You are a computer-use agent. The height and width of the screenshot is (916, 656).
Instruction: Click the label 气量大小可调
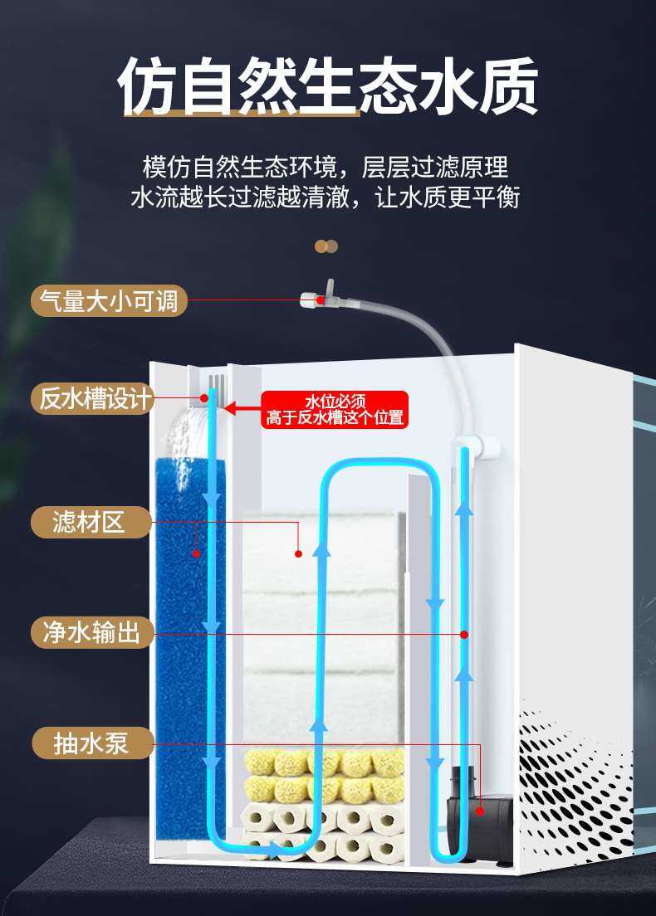pos(109,300)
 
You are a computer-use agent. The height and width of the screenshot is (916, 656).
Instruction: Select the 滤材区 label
pos(90,523)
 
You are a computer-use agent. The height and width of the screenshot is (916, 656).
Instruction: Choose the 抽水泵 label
pos(92,743)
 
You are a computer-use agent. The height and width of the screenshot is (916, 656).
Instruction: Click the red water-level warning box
pos(335,410)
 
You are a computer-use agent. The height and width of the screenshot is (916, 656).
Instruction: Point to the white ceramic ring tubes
pos(324,830)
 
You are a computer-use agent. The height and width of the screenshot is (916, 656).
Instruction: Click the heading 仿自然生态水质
pos(328,85)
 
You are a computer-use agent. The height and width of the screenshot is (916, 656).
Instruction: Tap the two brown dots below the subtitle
pos(326,246)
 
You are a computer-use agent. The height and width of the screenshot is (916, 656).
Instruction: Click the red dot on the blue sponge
pos(196,553)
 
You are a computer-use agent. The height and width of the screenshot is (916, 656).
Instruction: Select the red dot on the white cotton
pos(297,553)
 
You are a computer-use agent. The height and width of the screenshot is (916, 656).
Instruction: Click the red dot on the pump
pos(480,811)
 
